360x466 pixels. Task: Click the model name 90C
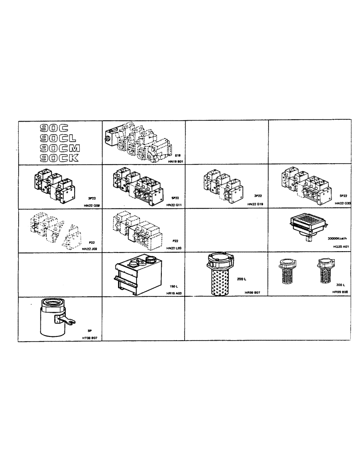[55, 127]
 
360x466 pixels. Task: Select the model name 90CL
[58, 137]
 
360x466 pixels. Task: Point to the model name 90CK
[59, 158]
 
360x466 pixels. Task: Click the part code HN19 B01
[174, 161]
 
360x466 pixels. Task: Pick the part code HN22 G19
[256, 205]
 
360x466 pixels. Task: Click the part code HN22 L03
[173, 248]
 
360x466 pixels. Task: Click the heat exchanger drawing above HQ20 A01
[307, 226]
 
